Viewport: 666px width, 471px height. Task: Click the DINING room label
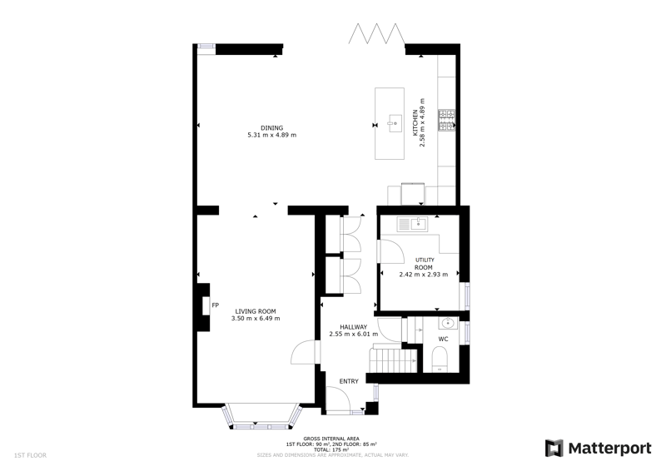(x=272, y=128)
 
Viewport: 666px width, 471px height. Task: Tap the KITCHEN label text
(x=415, y=123)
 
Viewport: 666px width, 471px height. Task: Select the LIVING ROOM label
(x=256, y=311)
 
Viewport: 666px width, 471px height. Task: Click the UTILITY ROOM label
(x=424, y=264)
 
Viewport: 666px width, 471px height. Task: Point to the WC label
(x=443, y=339)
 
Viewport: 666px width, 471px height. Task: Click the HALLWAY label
(x=353, y=327)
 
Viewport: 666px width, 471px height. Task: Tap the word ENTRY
(x=349, y=381)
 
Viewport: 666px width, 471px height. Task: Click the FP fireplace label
(x=216, y=305)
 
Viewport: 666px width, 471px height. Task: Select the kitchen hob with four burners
(x=447, y=120)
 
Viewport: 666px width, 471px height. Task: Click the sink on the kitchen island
(x=395, y=123)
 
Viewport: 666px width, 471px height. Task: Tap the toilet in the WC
(x=440, y=359)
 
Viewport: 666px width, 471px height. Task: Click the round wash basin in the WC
(x=448, y=324)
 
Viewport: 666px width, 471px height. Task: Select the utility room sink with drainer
(x=412, y=224)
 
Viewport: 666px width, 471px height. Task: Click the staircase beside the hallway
(x=392, y=360)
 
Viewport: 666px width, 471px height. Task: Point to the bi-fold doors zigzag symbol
(x=376, y=34)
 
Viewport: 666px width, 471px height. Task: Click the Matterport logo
(x=599, y=449)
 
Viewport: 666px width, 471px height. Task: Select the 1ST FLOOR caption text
(x=30, y=455)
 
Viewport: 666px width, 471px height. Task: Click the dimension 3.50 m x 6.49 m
(x=256, y=319)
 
